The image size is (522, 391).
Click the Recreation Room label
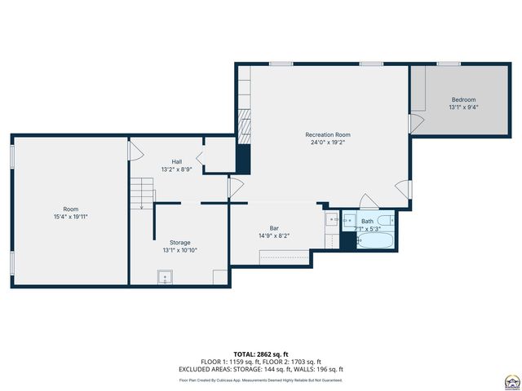tap(328, 134)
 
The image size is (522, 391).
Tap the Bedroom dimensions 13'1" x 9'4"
tap(463, 107)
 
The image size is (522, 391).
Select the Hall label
tap(176, 161)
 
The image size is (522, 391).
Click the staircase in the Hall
tap(142, 193)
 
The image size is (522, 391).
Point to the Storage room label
tap(179, 243)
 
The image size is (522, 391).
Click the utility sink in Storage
tap(166, 278)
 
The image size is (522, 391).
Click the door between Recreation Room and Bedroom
tap(415, 124)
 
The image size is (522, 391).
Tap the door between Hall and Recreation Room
tap(236, 188)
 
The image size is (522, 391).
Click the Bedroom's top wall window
tap(448, 64)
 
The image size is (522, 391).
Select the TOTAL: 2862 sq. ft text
tap(261, 354)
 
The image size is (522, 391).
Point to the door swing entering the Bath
tap(368, 200)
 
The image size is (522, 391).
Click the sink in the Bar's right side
tap(332, 218)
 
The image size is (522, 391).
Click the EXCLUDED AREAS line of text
tap(261, 370)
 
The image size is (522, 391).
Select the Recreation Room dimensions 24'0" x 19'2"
tap(328, 143)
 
